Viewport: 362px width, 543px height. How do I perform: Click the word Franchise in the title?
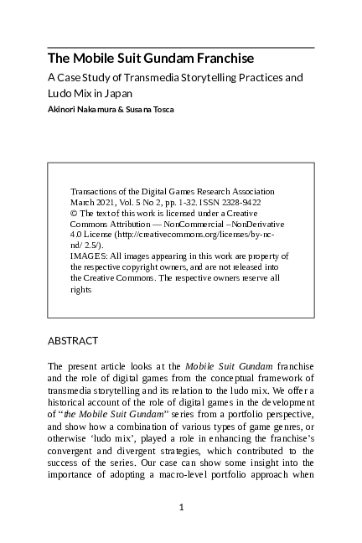click(x=225, y=59)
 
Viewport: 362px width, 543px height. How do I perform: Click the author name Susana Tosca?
click(x=153, y=109)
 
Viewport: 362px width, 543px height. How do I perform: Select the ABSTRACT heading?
click(x=73, y=341)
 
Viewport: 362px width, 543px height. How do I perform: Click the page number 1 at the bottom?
click(x=181, y=507)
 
